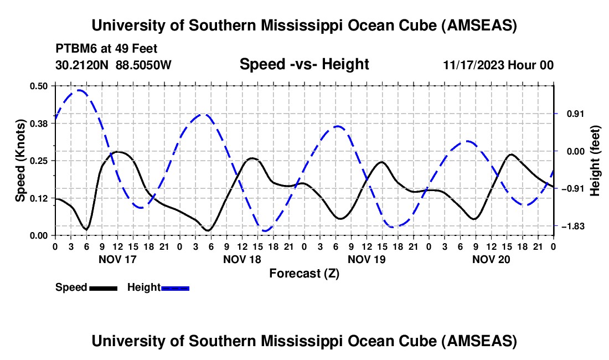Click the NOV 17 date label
[x=117, y=259]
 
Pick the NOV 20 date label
[x=491, y=259]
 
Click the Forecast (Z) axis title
[x=304, y=273]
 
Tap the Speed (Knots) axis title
[x=20, y=160]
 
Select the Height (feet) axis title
[x=595, y=160]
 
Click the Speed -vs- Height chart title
[x=304, y=64]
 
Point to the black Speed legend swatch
[x=103, y=287]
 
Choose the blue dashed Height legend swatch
[x=175, y=287]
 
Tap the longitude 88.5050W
[x=144, y=65]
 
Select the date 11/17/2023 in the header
[x=473, y=65]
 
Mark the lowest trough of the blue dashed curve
[x=265, y=230]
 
